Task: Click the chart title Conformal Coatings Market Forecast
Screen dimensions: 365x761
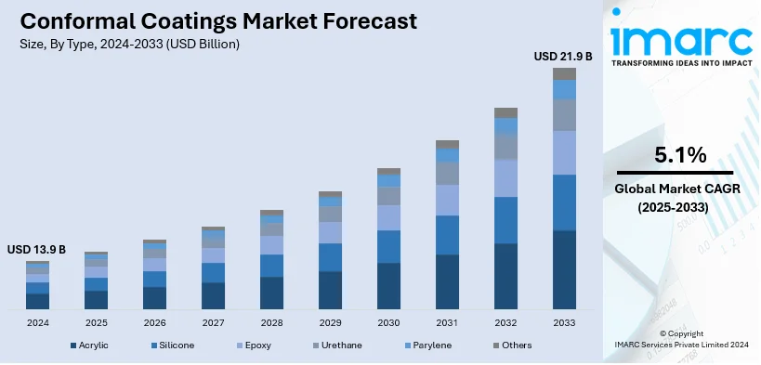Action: click(x=216, y=20)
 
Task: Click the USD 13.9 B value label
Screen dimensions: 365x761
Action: click(x=36, y=250)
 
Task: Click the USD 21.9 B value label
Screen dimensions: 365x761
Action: click(x=563, y=57)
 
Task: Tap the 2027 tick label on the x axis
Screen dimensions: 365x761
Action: click(x=214, y=323)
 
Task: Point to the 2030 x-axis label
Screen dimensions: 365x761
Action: click(x=388, y=323)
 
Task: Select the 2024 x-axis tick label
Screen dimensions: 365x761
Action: click(x=38, y=323)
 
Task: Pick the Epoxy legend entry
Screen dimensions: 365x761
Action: click(x=255, y=345)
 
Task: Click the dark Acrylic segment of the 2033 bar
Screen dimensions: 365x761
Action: click(x=564, y=269)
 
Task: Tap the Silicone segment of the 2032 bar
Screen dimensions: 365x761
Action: click(x=505, y=220)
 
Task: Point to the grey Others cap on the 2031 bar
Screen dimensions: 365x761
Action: click(x=447, y=145)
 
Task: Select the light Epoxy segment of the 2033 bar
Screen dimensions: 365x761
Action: click(x=564, y=152)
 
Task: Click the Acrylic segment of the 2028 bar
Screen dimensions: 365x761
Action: click(x=271, y=293)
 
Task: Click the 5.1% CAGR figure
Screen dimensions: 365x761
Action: click(x=680, y=154)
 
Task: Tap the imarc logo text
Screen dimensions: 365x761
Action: click(x=680, y=39)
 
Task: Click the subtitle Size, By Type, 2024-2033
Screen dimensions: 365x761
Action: click(x=129, y=44)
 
